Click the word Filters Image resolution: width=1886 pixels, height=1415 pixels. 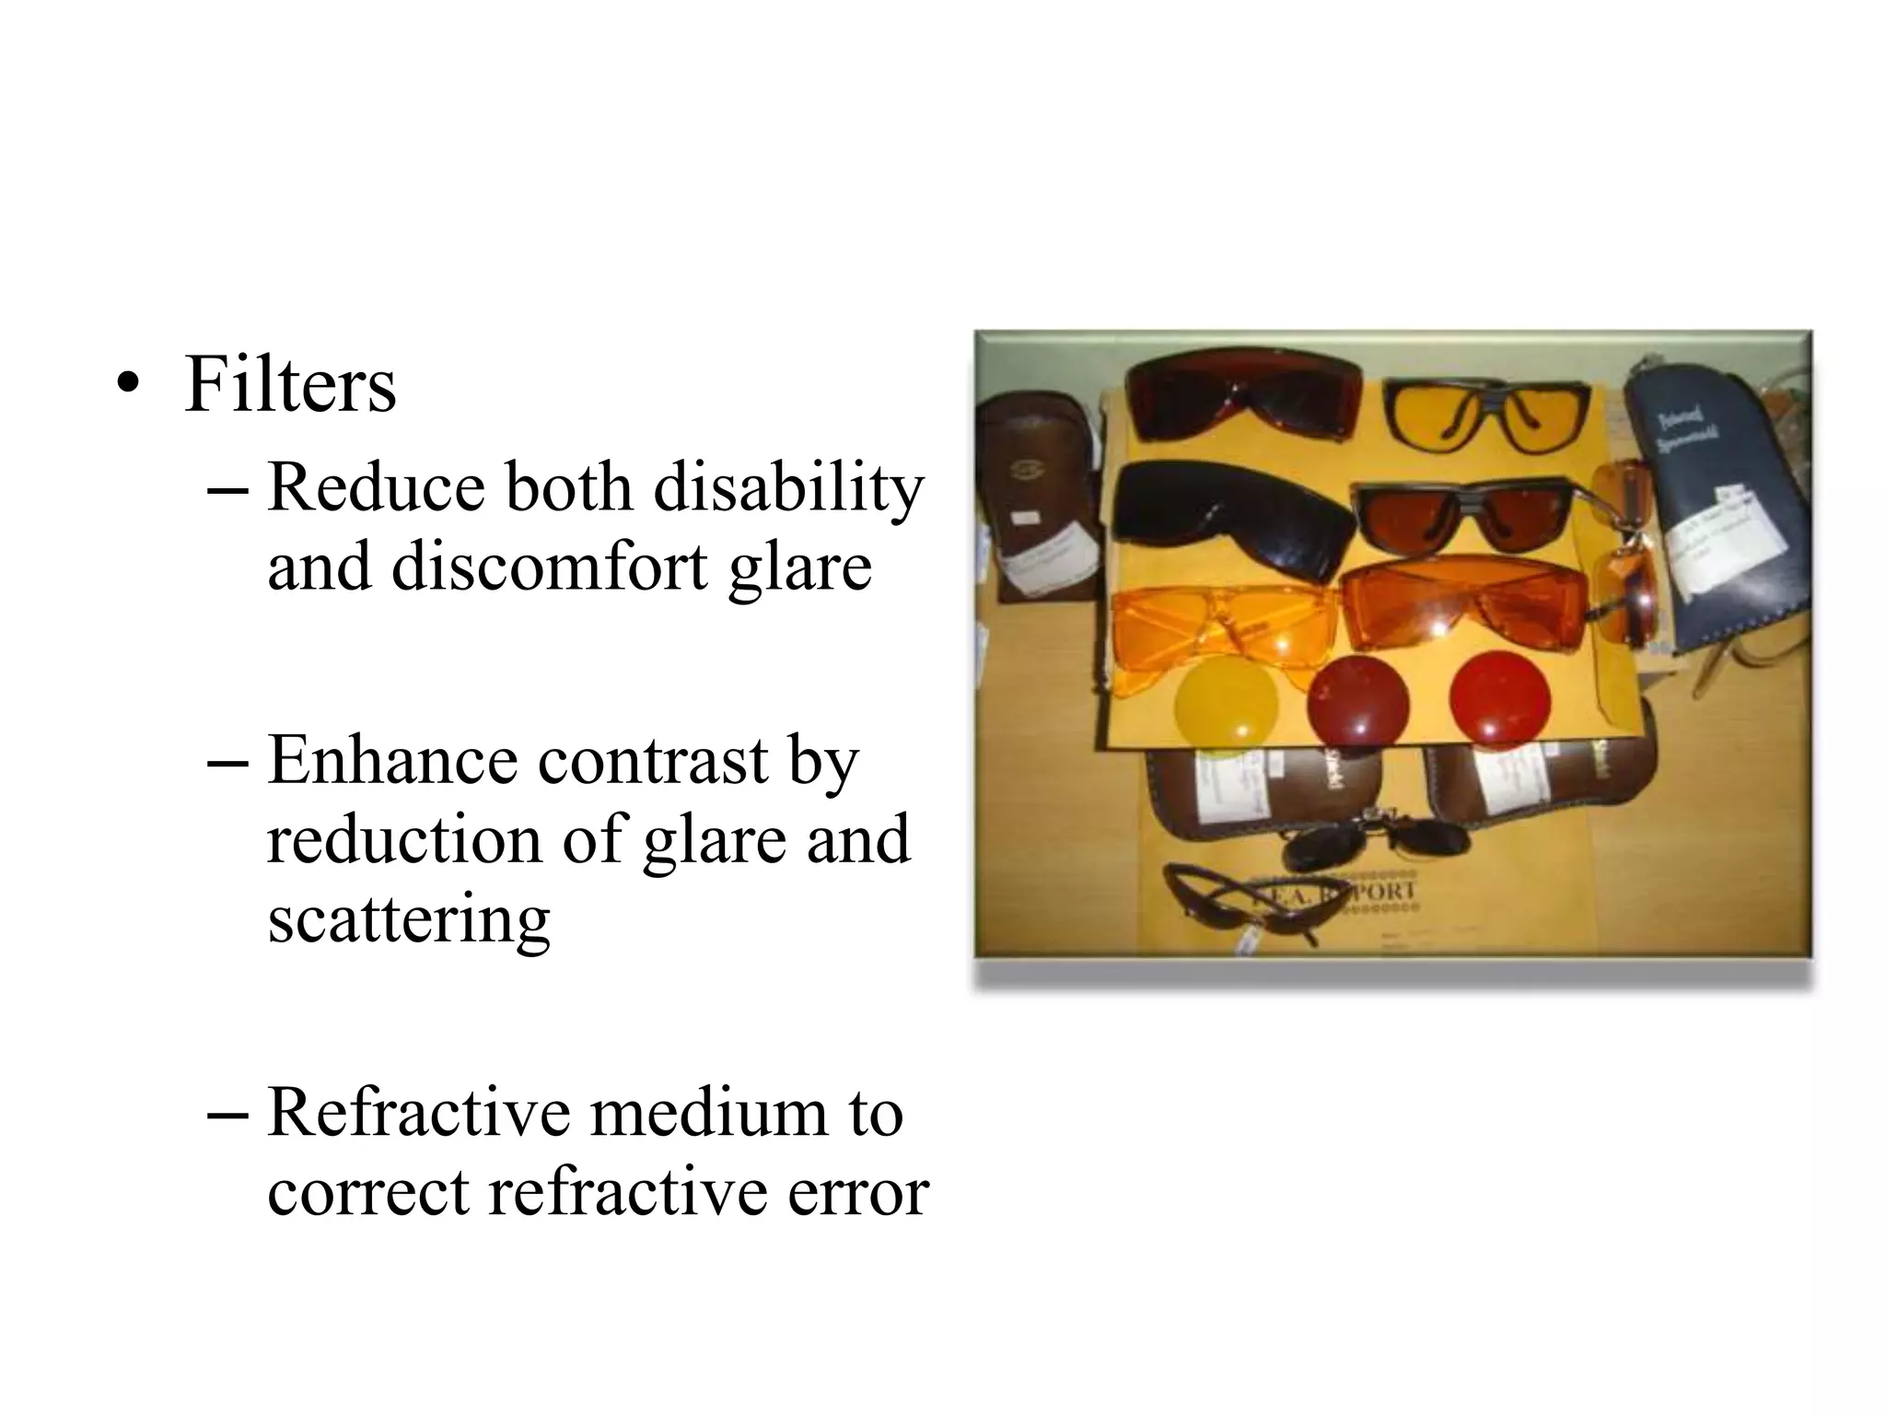pyautogui.click(x=290, y=385)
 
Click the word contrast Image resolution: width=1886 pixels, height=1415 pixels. pyautogui.click(x=653, y=761)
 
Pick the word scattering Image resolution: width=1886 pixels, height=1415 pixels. pyautogui.click(x=409, y=919)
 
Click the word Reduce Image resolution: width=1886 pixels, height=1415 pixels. pyautogui.click(x=376, y=487)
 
